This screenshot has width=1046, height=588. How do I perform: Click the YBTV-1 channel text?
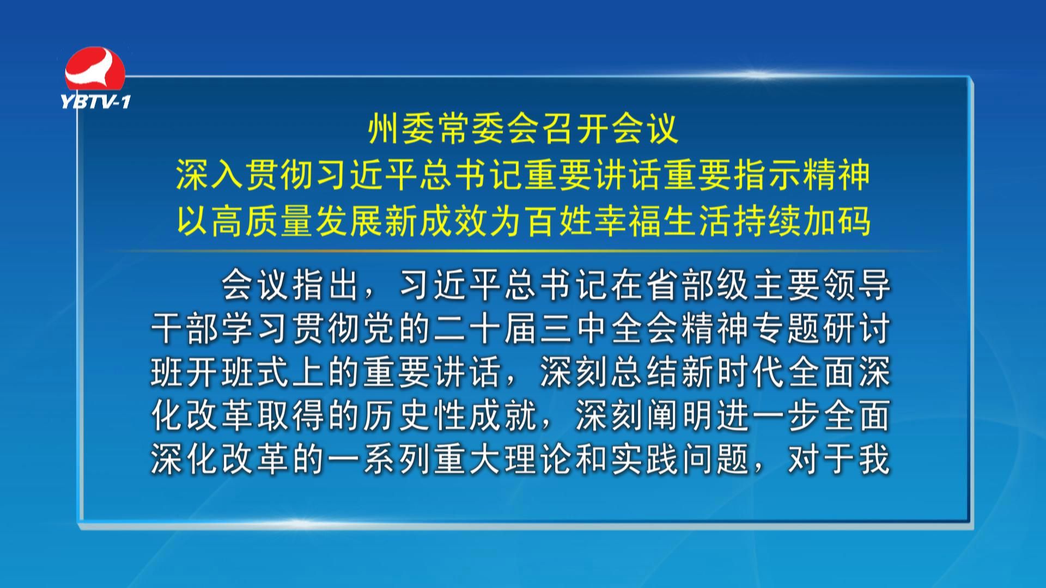(x=96, y=101)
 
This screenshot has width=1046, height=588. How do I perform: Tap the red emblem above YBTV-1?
(x=95, y=69)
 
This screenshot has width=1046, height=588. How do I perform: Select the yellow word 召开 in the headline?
(x=574, y=129)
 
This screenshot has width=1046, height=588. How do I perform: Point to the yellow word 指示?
(x=765, y=175)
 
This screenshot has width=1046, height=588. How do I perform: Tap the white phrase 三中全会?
(x=610, y=329)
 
